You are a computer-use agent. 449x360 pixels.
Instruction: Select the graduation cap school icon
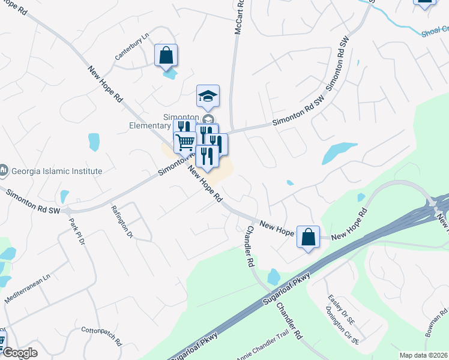(208, 96)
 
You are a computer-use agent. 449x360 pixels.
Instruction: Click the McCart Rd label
(239, 19)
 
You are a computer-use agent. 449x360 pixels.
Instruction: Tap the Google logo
(20, 353)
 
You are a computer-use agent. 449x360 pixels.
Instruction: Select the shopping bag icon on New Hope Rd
(308, 237)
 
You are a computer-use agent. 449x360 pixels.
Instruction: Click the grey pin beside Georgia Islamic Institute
(4, 170)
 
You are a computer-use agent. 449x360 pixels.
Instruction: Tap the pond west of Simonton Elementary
(94, 142)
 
